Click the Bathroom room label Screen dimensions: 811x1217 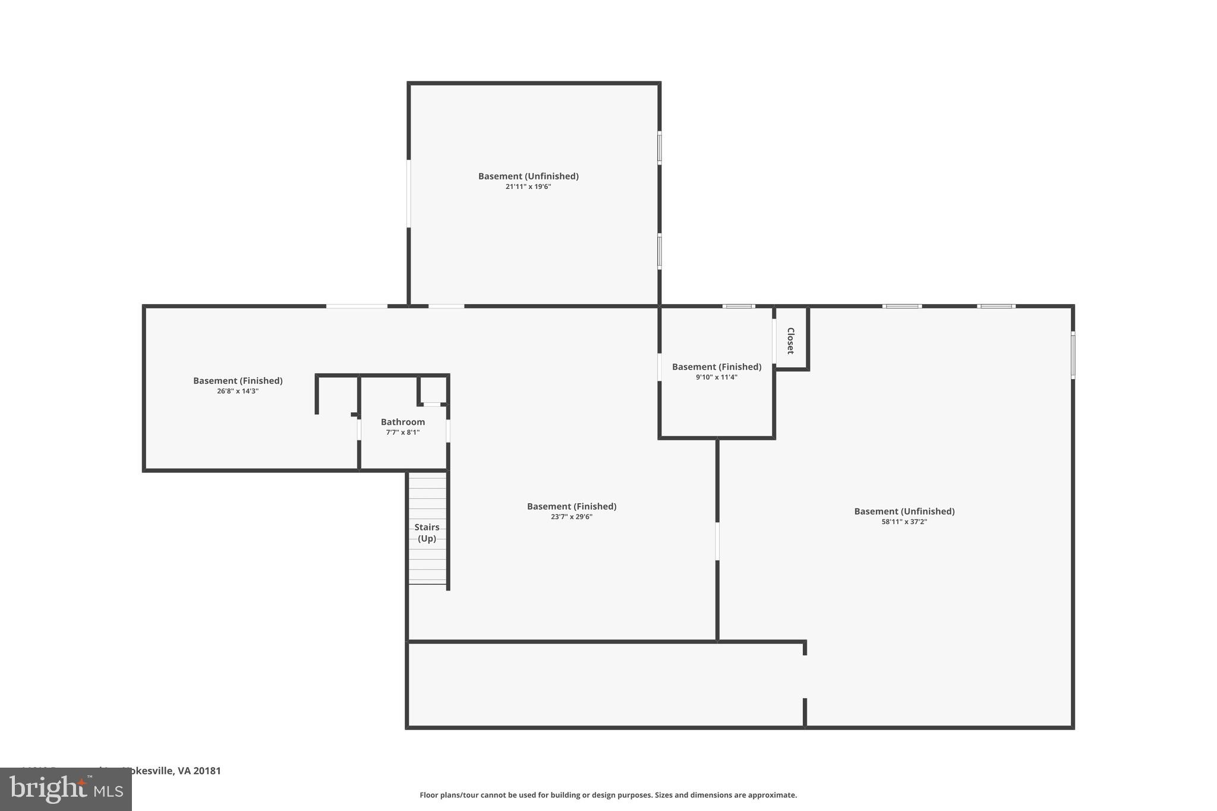click(x=402, y=422)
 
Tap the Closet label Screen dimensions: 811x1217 click(x=790, y=340)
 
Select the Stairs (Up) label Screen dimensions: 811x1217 click(x=427, y=532)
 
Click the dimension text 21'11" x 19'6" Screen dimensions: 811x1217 click(x=528, y=187)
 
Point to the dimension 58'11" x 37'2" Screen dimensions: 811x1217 click(x=904, y=522)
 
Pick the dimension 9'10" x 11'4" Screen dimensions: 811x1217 click(x=716, y=377)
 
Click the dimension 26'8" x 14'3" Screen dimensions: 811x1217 click(x=238, y=391)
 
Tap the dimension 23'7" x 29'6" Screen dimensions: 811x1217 click(x=571, y=517)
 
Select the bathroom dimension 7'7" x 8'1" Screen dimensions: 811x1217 click(x=402, y=433)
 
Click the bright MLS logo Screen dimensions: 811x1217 click(x=66, y=789)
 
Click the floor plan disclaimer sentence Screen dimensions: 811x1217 click(x=608, y=795)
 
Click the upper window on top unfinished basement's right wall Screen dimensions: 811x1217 click(x=660, y=147)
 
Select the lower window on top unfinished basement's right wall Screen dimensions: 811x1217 click(x=660, y=251)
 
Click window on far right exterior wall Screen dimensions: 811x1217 click(x=1073, y=355)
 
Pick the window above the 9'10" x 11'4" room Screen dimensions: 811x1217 click(x=739, y=307)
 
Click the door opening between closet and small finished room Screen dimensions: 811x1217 click(x=774, y=341)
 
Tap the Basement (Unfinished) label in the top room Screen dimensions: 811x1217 click(x=528, y=176)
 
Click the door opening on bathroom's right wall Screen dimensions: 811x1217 click(x=448, y=431)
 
